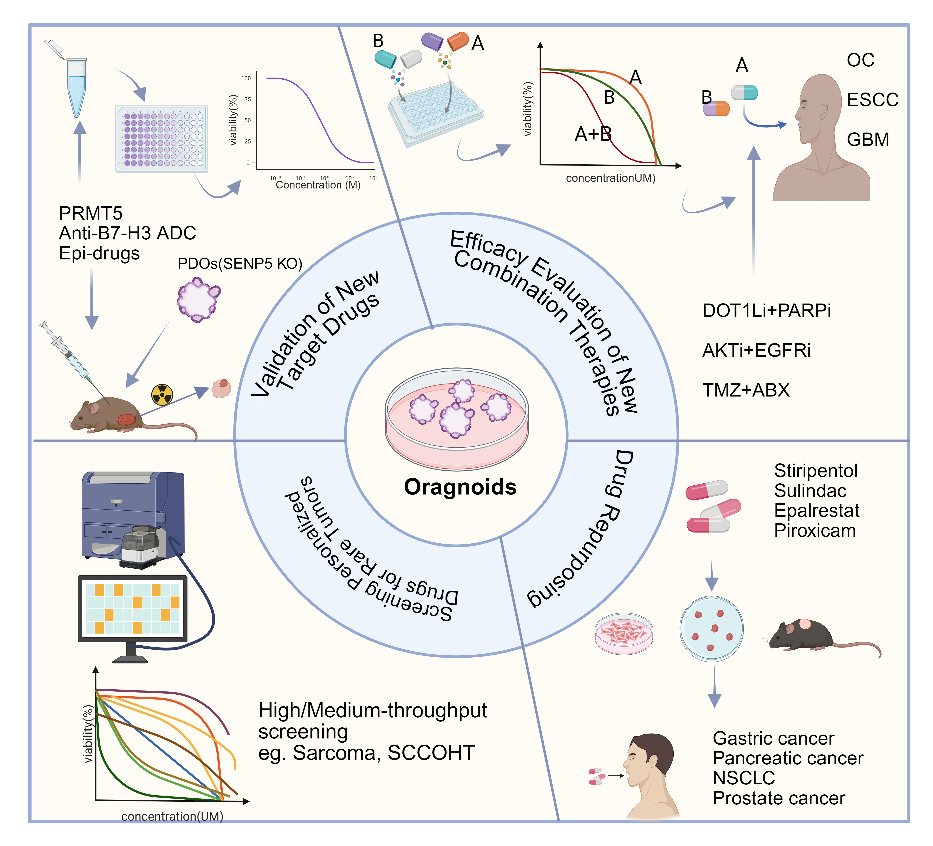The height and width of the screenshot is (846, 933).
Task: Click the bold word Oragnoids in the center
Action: [x=460, y=487]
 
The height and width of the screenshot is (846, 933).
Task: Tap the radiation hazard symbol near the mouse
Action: [x=162, y=394]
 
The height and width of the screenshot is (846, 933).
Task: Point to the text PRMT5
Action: [x=91, y=213]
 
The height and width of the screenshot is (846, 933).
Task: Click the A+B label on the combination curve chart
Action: [x=593, y=134]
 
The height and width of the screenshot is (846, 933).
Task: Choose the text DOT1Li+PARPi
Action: [x=766, y=311]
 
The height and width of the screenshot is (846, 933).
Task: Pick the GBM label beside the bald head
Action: [x=868, y=139]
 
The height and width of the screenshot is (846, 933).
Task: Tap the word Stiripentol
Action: [x=816, y=471]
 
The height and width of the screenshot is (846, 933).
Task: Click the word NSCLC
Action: [x=744, y=778]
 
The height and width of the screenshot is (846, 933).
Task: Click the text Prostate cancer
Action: [x=779, y=798]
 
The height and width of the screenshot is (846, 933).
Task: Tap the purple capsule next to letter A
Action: [x=432, y=41]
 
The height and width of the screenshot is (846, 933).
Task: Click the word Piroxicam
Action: [x=815, y=531]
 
